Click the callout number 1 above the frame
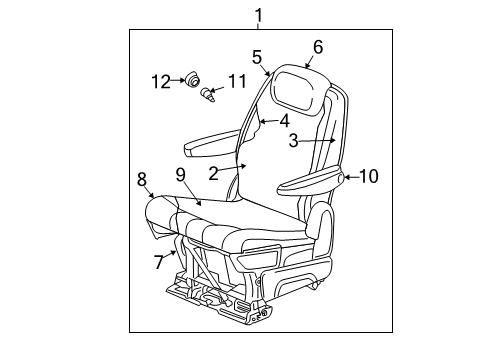point(258,15)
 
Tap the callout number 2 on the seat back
point(213,172)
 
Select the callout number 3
point(294,141)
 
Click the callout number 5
point(258,57)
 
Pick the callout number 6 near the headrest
point(318,46)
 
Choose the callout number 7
point(158,262)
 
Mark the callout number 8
point(142,179)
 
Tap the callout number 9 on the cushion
point(181,174)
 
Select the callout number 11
point(236,80)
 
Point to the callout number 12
point(160,80)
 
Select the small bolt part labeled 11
point(208,96)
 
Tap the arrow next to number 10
point(348,178)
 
